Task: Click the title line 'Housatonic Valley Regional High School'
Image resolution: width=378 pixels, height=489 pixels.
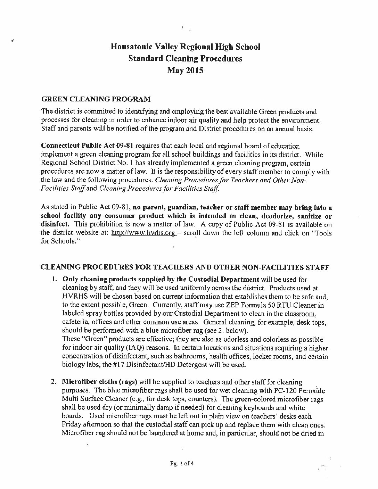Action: coord(185,47)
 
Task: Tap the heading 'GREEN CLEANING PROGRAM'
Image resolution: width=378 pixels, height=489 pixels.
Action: coord(96,99)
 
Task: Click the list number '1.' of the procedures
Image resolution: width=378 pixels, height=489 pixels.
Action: coord(54,279)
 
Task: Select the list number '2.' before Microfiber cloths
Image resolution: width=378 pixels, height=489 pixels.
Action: coord(54,382)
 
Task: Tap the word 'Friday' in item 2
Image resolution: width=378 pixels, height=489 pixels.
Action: coord(71,425)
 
